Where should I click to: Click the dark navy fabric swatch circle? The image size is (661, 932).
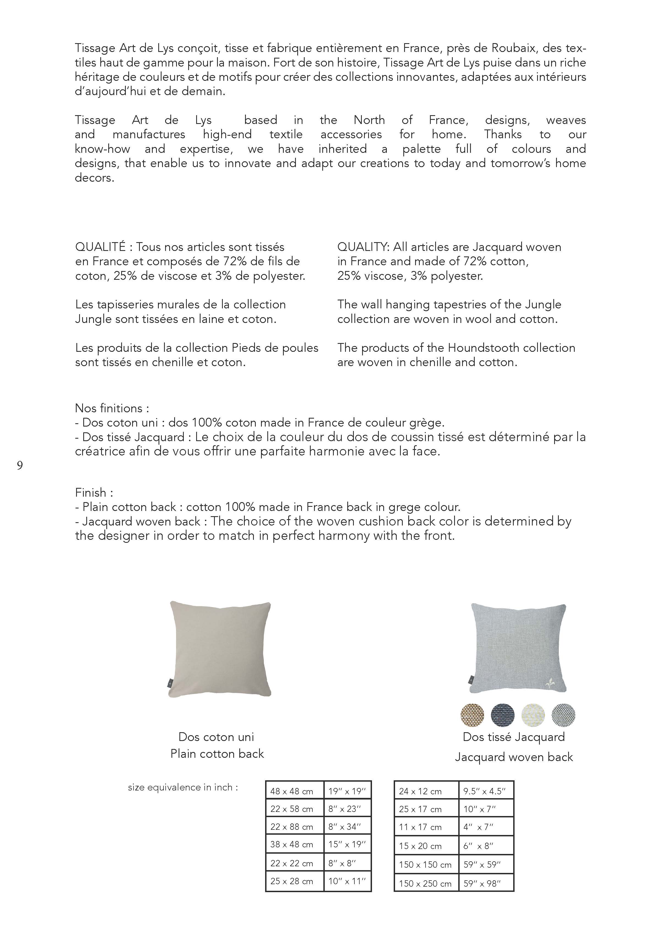coord(503,715)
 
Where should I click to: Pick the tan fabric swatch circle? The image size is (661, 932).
coord(473,715)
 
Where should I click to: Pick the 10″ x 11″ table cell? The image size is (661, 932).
coord(347,881)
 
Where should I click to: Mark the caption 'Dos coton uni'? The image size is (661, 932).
coord(216,737)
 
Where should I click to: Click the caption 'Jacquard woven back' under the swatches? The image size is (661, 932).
coord(514,757)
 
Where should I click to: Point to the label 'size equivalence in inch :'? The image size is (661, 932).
coord(183,787)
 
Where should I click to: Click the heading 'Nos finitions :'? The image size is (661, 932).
coord(112,408)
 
